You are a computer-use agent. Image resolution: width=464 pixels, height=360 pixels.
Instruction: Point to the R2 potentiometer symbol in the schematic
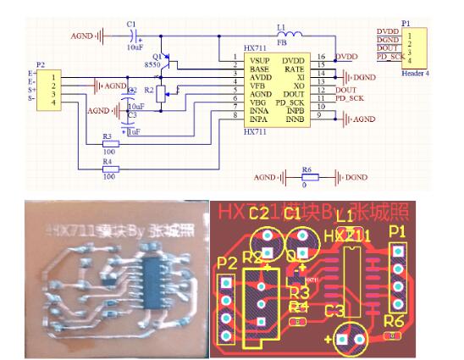pos(164,90)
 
